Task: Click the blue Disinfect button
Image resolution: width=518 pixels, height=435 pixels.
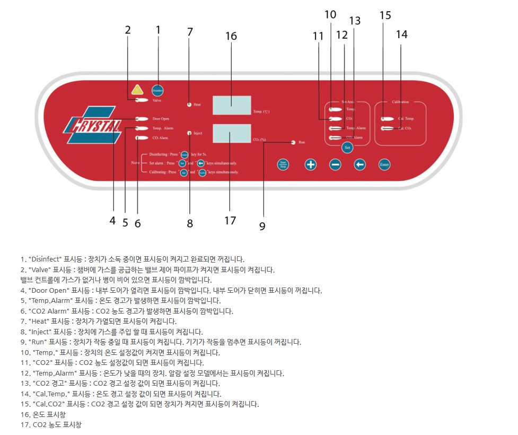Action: (157, 90)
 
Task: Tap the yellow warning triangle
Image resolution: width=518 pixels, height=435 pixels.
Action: (138, 90)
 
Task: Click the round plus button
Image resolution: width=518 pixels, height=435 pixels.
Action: (310, 164)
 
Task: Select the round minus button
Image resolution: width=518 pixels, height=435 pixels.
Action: (335, 164)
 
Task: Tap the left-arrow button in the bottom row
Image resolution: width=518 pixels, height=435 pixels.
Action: (360, 164)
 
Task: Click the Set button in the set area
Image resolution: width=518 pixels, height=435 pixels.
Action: (347, 147)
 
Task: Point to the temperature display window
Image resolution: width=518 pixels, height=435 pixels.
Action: (232, 105)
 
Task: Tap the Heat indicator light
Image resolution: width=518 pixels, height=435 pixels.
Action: (189, 105)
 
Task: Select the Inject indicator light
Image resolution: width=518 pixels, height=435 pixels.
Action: (189, 133)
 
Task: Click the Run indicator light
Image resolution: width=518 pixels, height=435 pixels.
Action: (293, 142)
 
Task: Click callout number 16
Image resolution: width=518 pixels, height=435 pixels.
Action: (231, 36)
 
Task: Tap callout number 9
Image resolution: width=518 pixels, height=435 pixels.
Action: (262, 226)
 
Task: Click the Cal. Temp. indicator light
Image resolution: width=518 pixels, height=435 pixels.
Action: (387, 119)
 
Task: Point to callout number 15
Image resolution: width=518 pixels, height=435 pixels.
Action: (385, 15)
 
